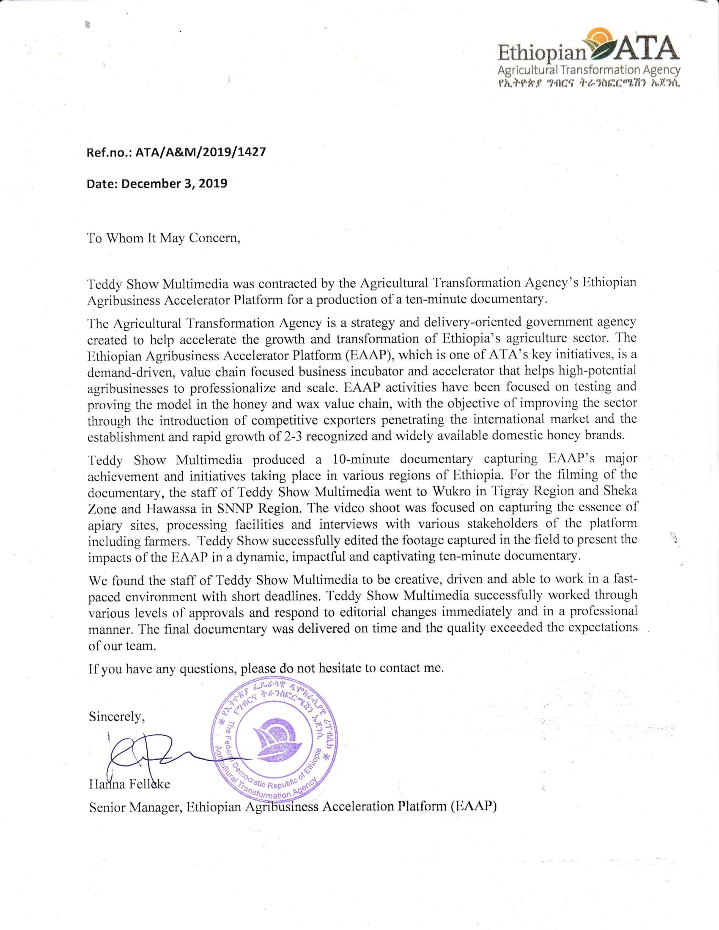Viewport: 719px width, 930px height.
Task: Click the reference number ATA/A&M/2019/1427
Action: (200, 152)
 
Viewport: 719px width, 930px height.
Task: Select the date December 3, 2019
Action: (174, 183)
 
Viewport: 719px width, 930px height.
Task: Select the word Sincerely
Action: (117, 717)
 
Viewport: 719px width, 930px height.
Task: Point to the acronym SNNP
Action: (236, 509)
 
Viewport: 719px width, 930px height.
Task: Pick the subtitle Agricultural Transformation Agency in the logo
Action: (589, 70)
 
